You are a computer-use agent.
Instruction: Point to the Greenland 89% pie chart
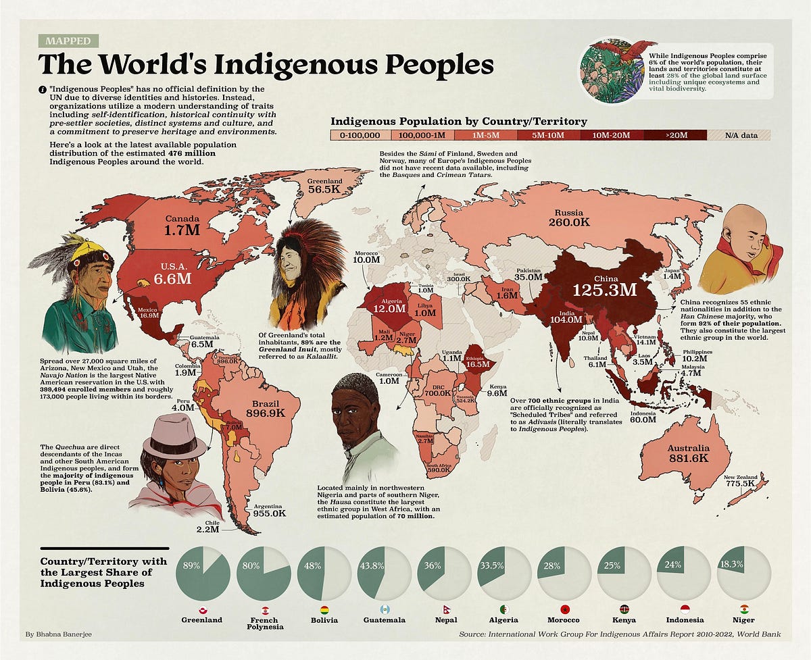202,574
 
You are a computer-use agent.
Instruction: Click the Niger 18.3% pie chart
743,574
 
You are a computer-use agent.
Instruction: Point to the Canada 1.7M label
182,225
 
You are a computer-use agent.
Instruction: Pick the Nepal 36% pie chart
444,574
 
